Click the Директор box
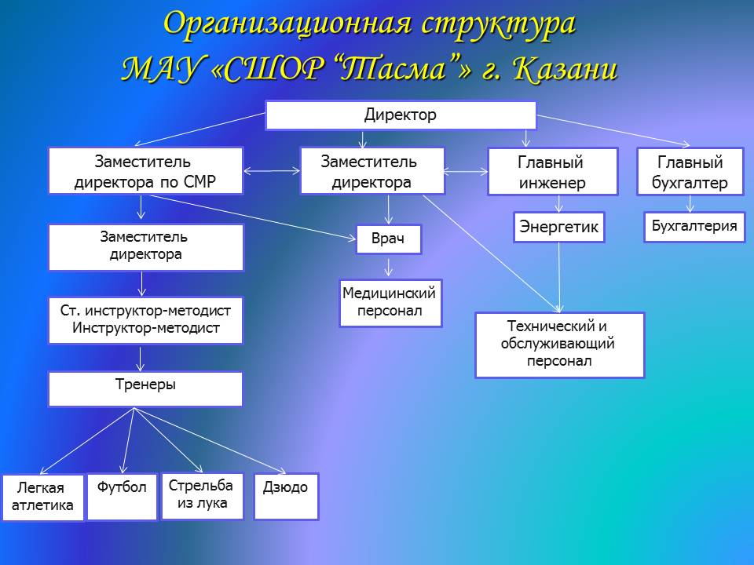[x=401, y=115]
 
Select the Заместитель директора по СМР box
[x=146, y=170]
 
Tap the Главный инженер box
[x=552, y=172]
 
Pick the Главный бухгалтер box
[x=690, y=172]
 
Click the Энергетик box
[x=558, y=228]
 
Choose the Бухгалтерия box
[x=694, y=227]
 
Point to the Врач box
[x=389, y=239]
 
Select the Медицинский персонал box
[x=390, y=303]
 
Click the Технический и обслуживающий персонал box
[x=559, y=345]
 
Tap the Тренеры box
[x=145, y=388]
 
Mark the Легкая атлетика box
[x=42, y=498]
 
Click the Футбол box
[x=123, y=497]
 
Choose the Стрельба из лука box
[x=202, y=496]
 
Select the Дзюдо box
[x=286, y=496]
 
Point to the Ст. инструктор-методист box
[x=145, y=320]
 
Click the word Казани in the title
[x=565, y=69]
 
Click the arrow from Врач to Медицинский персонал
[x=389, y=267]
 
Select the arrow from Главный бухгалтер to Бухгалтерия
[x=690, y=204]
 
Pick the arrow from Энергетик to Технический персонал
[x=559, y=278]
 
